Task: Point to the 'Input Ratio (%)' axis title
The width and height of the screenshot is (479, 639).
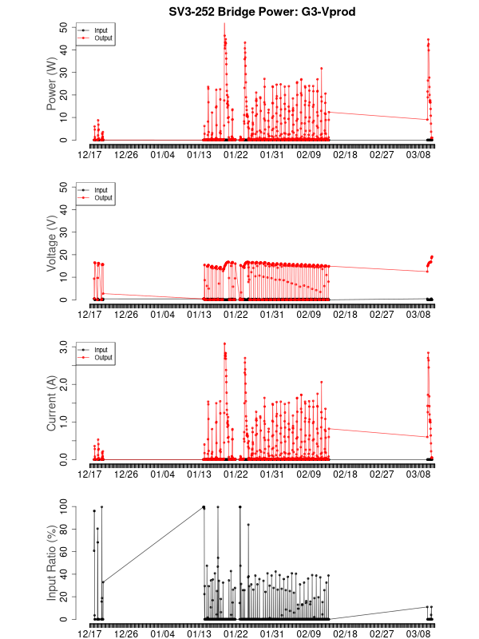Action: point(52,563)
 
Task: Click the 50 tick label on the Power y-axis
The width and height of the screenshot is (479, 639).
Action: point(63,26)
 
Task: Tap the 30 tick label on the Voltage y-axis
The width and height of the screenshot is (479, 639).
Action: point(63,232)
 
